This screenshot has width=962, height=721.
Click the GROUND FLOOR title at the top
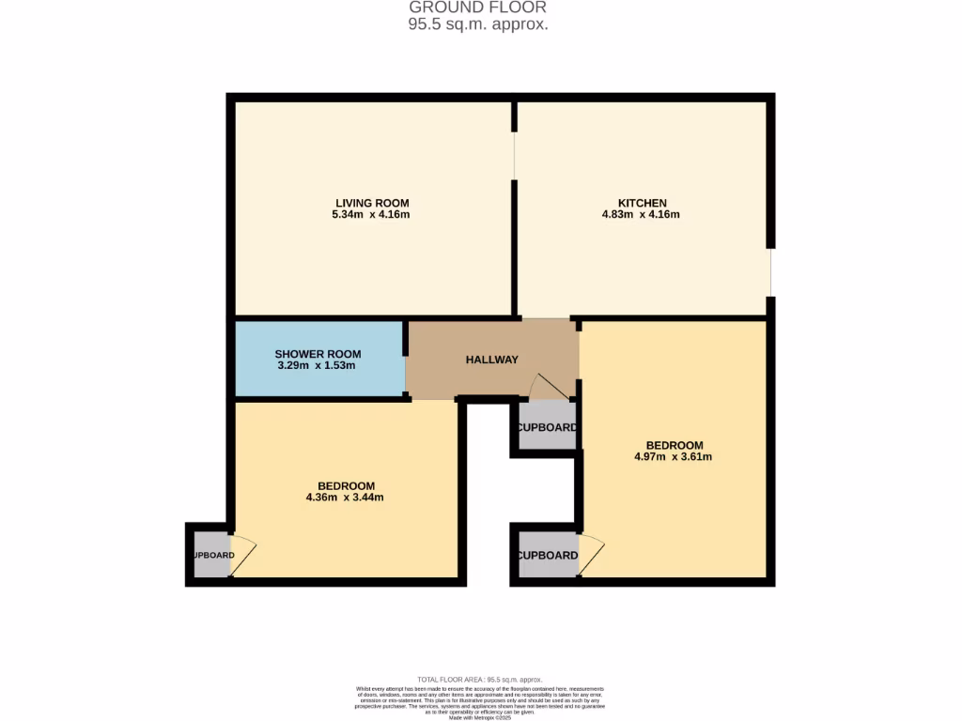(477, 8)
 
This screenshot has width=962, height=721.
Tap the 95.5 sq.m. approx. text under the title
(477, 25)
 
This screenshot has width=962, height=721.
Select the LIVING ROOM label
(372, 203)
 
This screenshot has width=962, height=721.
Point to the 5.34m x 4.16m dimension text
(372, 215)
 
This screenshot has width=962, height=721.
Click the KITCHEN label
(642, 203)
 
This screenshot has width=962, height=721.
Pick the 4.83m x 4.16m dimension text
(641, 215)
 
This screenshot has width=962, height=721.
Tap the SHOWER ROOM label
(318, 354)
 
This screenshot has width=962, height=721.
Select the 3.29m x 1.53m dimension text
(318, 365)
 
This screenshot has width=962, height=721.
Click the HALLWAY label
(492, 360)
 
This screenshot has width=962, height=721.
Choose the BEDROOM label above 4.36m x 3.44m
(346, 485)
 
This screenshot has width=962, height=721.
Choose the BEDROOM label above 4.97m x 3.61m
(674, 445)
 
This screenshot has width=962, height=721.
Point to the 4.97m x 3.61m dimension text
(674, 457)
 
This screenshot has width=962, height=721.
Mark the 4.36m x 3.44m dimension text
(346, 498)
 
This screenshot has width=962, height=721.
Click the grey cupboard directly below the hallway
(547, 427)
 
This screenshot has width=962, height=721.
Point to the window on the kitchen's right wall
(770, 272)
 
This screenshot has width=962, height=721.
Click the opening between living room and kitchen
(514, 155)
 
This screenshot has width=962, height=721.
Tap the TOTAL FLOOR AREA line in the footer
(480, 679)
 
